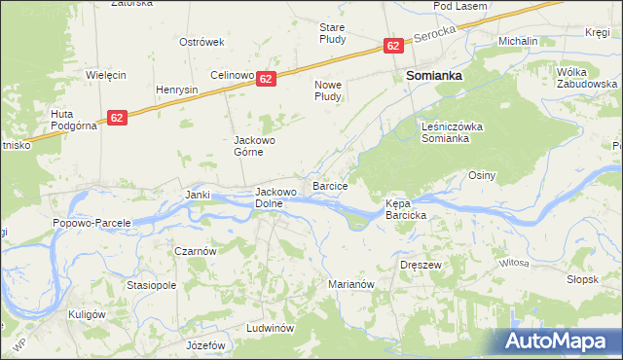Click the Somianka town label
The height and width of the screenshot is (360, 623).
pyautogui.click(x=433, y=75)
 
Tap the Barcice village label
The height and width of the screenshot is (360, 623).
pyautogui.click(x=330, y=184)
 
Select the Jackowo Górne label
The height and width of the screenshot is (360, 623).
pyautogui.click(x=256, y=147)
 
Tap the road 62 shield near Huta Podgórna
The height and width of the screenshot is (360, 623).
pyautogui.click(x=117, y=117)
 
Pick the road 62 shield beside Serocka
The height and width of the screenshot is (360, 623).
pyautogui.click(x=392, y=46)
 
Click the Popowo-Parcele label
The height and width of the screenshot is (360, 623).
pyautogui.click(x=91, y=223)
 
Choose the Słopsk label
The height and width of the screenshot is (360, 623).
pyautogui.click(x=581, y=278)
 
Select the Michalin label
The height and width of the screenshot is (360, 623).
pyautogui.click(x=518, y=42)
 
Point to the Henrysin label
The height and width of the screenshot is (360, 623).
pyautogui.click(x=177, y=90)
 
